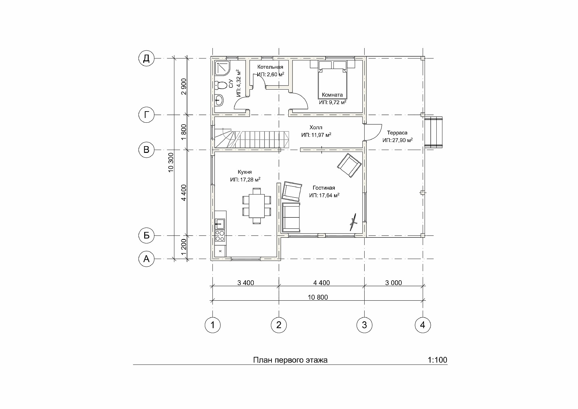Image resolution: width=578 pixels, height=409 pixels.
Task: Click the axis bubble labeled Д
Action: pos(146,58)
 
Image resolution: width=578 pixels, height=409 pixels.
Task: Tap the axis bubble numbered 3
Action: pos(364,325)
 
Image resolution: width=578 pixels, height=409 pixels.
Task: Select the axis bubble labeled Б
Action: pos(146,235)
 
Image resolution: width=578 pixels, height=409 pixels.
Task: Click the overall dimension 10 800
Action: pos(318,297)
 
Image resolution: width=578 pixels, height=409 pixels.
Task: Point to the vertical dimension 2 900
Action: pos(184,86)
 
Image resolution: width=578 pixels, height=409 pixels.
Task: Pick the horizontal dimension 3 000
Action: pos(393,283)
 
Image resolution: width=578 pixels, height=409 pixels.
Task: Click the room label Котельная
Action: pos(270,67)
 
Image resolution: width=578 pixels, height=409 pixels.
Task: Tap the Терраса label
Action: pos(397,133)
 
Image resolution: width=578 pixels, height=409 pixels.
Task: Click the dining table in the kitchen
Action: pos(257,206)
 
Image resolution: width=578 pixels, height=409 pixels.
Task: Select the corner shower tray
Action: pos(223,68)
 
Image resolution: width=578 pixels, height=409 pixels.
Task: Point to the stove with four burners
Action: pos(220,235)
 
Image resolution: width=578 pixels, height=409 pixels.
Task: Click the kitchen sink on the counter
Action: pos(220,224)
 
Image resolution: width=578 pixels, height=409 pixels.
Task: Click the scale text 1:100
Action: pos(437,360)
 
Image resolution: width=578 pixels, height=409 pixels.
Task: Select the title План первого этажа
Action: pos(290,360)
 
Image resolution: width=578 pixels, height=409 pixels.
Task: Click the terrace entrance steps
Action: pos(433,132)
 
